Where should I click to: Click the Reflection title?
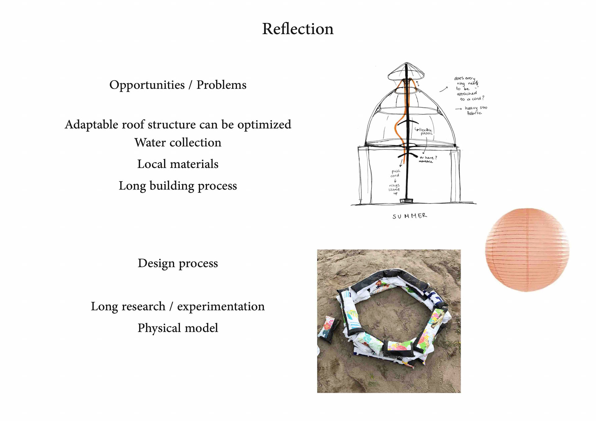[x=298, y=29]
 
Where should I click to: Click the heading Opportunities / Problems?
[x=178, y=85]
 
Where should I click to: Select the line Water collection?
[x=178, y=143]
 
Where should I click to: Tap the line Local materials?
[x=178, y=164]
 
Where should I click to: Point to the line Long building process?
[x=178, y=186]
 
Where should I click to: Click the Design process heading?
[x=178, y=263]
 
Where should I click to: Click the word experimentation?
[x=221, y=307]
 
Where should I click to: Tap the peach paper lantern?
[x=527, y=250]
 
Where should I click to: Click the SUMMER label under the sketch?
[x=409, y=216]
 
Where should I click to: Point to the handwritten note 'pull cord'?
[x=395, y=173]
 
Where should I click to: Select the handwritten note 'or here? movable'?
[x=428, y=159]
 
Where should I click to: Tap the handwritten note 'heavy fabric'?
[x=475, y=110]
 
